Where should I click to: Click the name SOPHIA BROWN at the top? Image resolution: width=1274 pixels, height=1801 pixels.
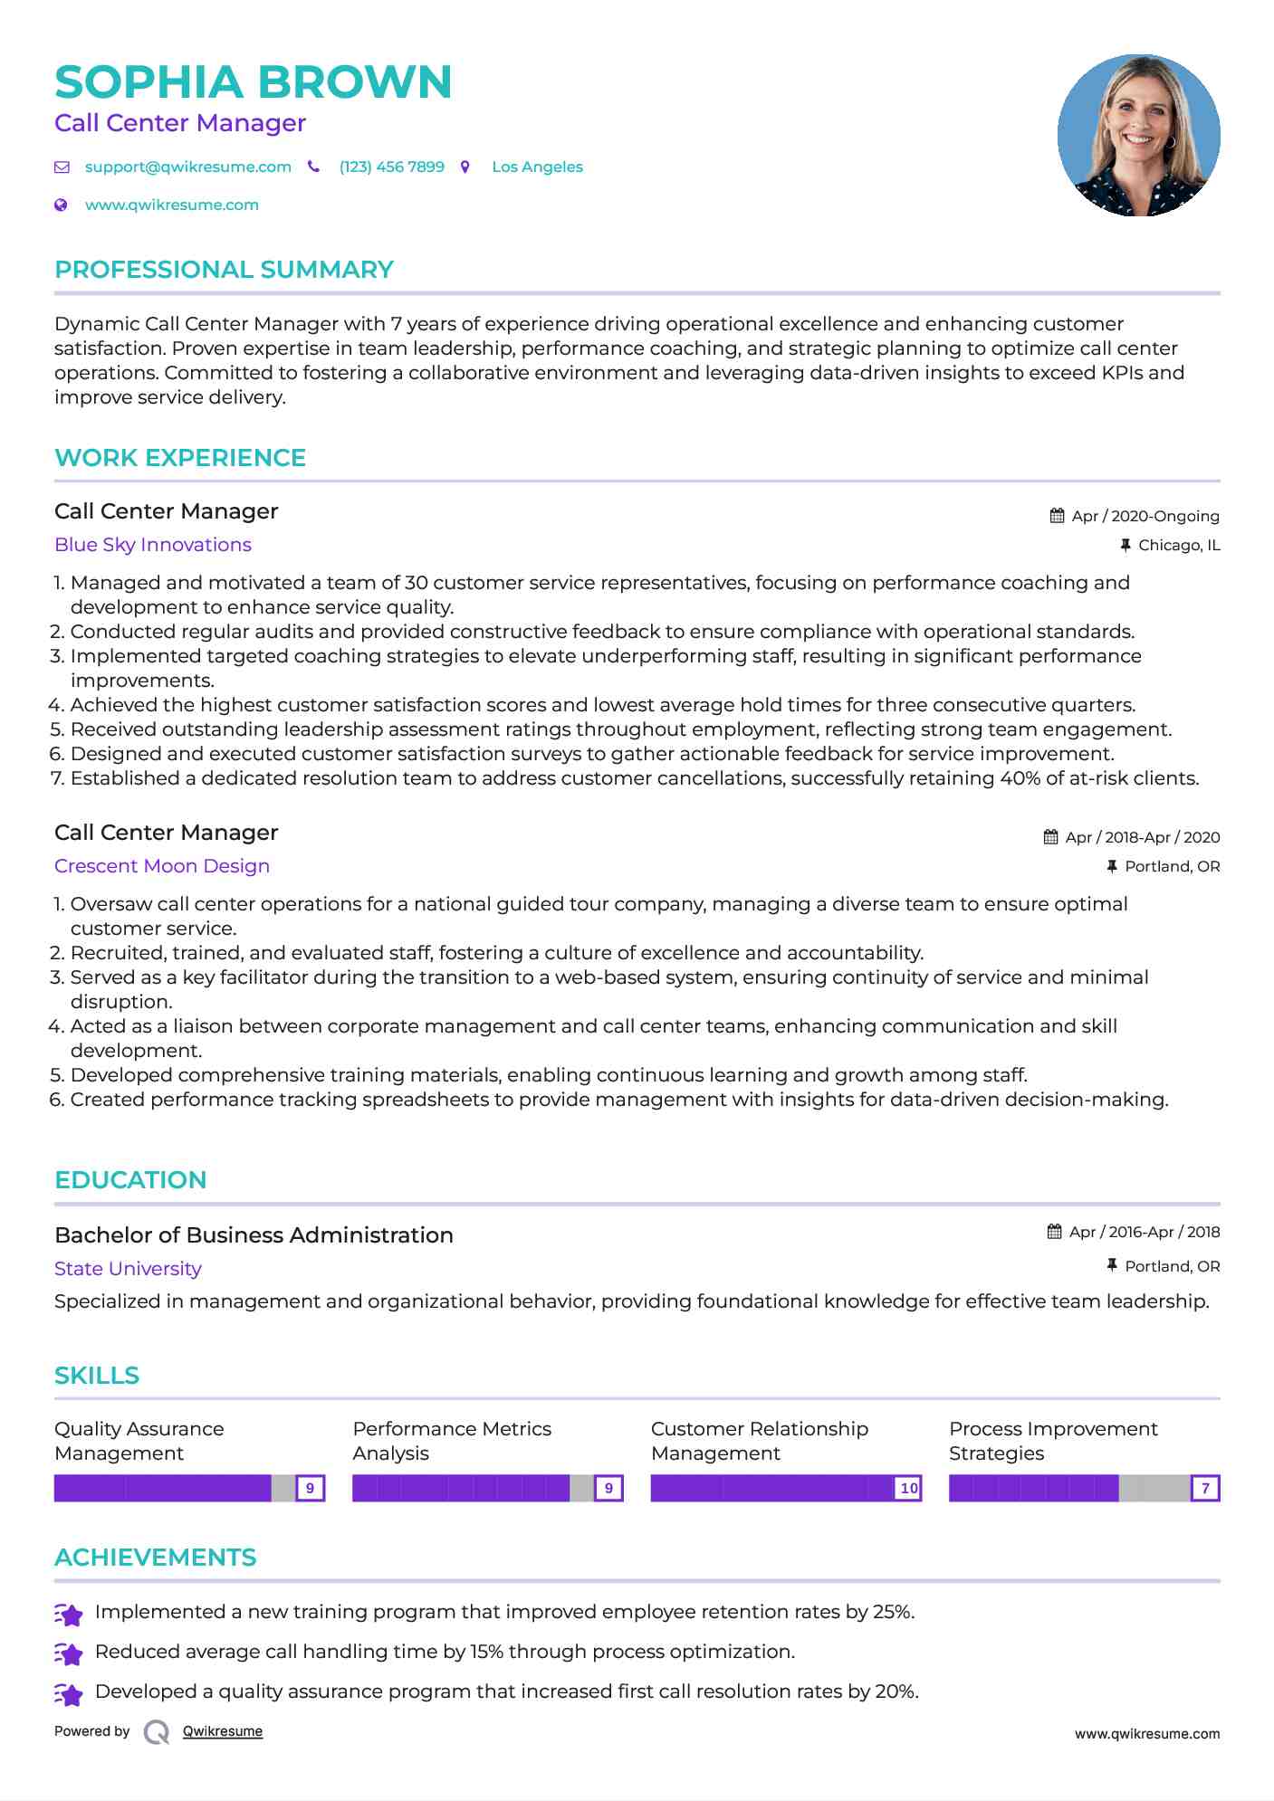[253, 82]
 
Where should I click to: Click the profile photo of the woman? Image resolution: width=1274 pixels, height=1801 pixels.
[1138, 136]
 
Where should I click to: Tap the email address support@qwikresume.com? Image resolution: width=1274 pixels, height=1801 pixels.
[187, 167]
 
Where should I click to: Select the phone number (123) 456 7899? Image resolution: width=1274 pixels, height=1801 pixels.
[391, 167]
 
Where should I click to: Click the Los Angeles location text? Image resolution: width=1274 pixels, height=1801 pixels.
[537, 167]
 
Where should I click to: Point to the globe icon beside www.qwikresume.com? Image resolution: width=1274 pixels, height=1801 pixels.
[61, 205]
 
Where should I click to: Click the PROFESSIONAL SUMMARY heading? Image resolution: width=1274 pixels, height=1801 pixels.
[224, 270]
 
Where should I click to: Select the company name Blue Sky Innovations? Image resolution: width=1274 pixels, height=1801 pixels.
[152, 545]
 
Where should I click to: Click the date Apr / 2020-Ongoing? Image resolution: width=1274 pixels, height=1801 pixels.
[1145, 516]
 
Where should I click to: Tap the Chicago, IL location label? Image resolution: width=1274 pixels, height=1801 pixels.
[1178, 545]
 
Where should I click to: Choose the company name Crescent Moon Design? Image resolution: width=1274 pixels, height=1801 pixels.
[161, 866]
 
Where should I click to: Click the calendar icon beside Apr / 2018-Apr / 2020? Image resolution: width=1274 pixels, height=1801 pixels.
[1050, 837]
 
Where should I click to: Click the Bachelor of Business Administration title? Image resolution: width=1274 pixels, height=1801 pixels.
[254, 1235]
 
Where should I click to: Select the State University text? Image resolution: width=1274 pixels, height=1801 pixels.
[128, 1269]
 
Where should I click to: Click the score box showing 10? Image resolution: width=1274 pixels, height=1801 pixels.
[908, 1488]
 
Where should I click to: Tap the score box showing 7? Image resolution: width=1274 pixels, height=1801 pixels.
[1205, 1488]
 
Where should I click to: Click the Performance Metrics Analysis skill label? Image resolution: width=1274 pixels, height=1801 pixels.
[451, 1441]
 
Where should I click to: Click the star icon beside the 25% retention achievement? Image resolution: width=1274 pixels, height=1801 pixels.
[69, 1614]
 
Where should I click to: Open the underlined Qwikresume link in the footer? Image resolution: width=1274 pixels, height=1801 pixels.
[222, 1731]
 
